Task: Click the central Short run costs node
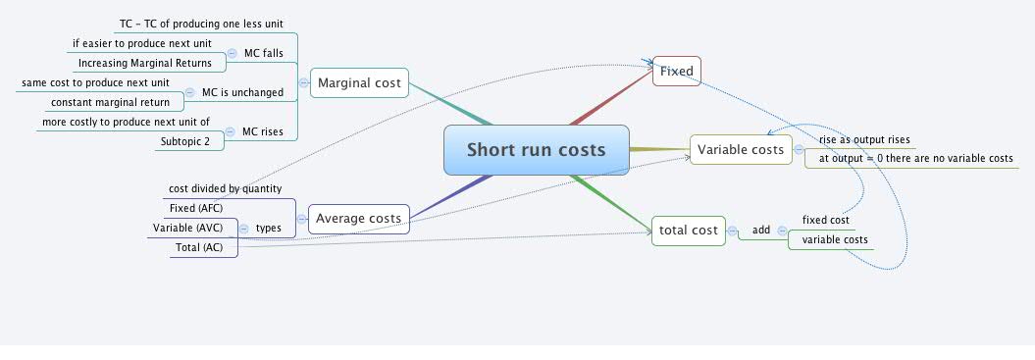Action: click(x=536, y=150)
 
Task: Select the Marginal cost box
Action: click(x=359, y=83)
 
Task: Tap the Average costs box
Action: click(x=358, y=218)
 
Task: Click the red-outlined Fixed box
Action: click(x=677, y=71)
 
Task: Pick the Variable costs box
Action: click(x=741, y=149)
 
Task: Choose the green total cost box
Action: click(x=690, y=231)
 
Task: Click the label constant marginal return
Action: click(x=110, y=102)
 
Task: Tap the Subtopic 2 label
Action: click(x=191, y=141)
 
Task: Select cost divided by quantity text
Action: click(x=225, y=188)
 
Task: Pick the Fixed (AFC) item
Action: click(x=196, y=208)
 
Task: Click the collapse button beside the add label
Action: click(x=782, y=231)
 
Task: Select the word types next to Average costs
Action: click(x=269, y=228)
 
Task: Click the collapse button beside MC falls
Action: click(x=232, y=53)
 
